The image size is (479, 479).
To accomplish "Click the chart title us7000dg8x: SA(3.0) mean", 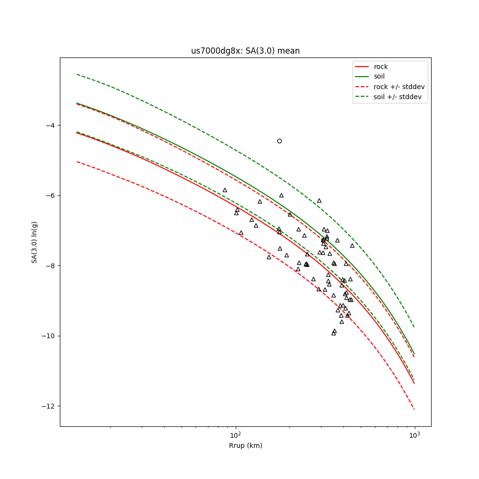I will pos(245,51).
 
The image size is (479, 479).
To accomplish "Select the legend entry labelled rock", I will pos(381,67).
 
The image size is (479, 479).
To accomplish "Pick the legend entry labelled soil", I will pos(379,77).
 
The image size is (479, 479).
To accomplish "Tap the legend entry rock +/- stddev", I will pos(399,87).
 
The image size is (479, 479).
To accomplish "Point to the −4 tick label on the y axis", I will pos(49,125).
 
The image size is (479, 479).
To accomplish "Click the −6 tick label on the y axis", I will pos(49,195).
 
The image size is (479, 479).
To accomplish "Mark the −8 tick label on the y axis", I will pos(49,266).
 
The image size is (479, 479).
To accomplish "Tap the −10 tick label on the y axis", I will pos(48,336).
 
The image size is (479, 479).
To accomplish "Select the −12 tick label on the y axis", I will pos(48,406).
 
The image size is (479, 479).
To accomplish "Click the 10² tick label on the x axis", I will pos(235,435).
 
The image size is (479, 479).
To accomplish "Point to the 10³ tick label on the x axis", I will pos(414,435).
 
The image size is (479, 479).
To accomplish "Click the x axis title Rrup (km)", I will pos(245,446).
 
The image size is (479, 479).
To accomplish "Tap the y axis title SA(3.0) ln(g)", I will pos(34,242).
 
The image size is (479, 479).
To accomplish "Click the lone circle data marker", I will pos(279,141).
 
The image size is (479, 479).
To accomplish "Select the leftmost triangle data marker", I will pos(225,190).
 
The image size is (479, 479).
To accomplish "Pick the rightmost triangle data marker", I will pos(352,246).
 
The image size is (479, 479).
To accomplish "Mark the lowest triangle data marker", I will pos(333,333).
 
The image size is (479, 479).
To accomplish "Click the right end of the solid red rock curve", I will pos(414,383).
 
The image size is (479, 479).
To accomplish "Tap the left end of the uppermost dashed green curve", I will pos(77,74).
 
